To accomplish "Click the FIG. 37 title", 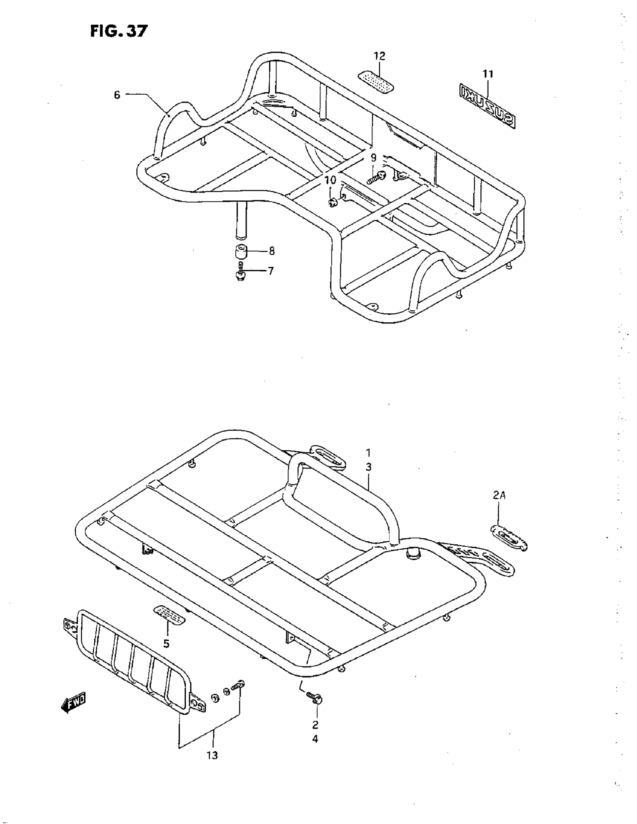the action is coord(118,31).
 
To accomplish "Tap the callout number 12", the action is coord(380,56).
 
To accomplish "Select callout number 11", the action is coord(488,75).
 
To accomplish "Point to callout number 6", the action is coord(117,95).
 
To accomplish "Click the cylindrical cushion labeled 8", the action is coord(241,250).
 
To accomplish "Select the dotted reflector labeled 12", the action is coord(377,82).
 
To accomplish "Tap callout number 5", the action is coord(166,644).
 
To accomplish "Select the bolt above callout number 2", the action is coord(315,697).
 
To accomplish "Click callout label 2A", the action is coord(499,496).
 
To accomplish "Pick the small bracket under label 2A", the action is coord(508,538).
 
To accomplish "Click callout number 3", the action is coord(368,467).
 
